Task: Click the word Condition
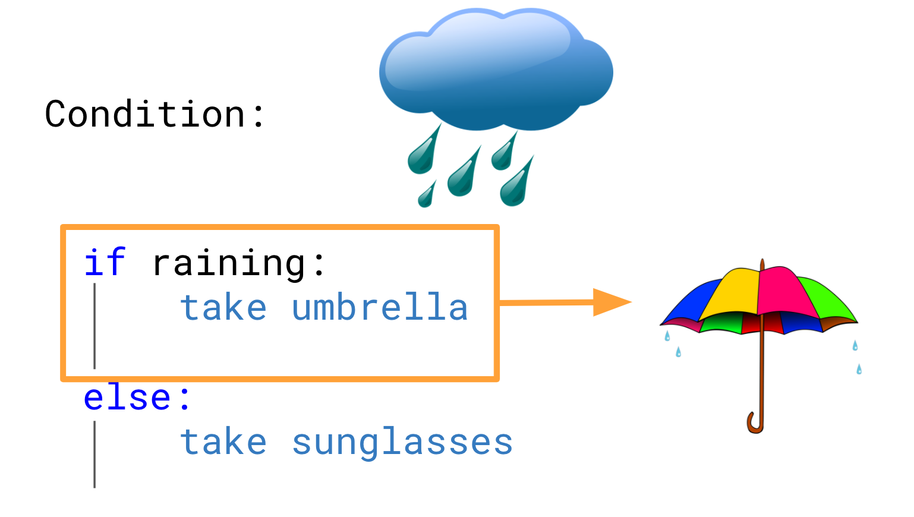point(145,114)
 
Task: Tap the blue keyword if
point(105,261)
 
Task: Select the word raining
point(229,264)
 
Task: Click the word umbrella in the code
point(380,307)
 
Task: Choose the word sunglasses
point(402,443)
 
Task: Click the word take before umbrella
point(223,307)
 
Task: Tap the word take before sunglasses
point(223,442)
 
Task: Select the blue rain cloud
point(496,70)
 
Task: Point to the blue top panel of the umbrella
point(689,302)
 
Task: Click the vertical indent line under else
point(94,454)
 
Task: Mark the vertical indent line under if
point(94,326)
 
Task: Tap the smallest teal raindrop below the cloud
point(427,195)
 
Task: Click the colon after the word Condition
point(259,115)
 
